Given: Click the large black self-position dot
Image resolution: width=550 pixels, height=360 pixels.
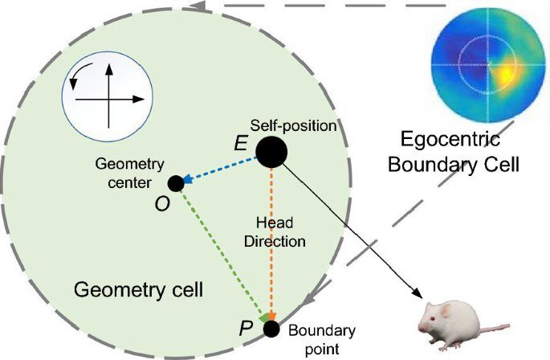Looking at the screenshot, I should coord(271,152).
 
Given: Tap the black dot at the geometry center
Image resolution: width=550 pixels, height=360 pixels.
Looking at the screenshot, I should coord(176,183).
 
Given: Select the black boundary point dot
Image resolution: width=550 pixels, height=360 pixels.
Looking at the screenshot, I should coord(271,329).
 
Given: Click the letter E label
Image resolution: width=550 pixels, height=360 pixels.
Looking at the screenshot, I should coord(239,144).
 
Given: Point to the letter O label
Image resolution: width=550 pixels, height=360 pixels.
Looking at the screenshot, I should coord(161,205).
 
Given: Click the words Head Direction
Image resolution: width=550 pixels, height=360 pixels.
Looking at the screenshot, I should coord(275,231).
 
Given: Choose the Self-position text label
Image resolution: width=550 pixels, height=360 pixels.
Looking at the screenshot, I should coord(292,127).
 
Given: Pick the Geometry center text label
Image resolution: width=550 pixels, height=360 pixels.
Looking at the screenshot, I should coord(129,173).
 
